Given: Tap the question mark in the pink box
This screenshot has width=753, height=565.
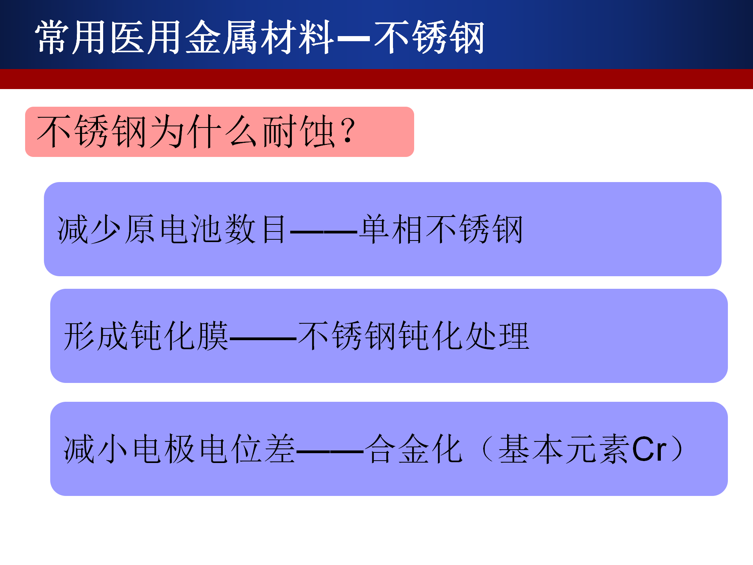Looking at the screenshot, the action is (348, 131).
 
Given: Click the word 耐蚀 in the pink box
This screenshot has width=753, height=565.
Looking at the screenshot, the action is (298, 131).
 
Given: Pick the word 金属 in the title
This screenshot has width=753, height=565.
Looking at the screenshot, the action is (222, 37).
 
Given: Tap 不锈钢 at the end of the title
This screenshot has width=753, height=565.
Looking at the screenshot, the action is (429, 37).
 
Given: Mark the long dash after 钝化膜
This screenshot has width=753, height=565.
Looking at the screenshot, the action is (263, 338).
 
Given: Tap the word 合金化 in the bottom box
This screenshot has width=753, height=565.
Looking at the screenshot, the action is (414, 449).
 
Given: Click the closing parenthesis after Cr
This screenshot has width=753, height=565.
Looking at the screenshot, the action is (677, 449).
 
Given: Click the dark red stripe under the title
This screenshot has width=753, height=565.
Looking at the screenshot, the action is (376, 79).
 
